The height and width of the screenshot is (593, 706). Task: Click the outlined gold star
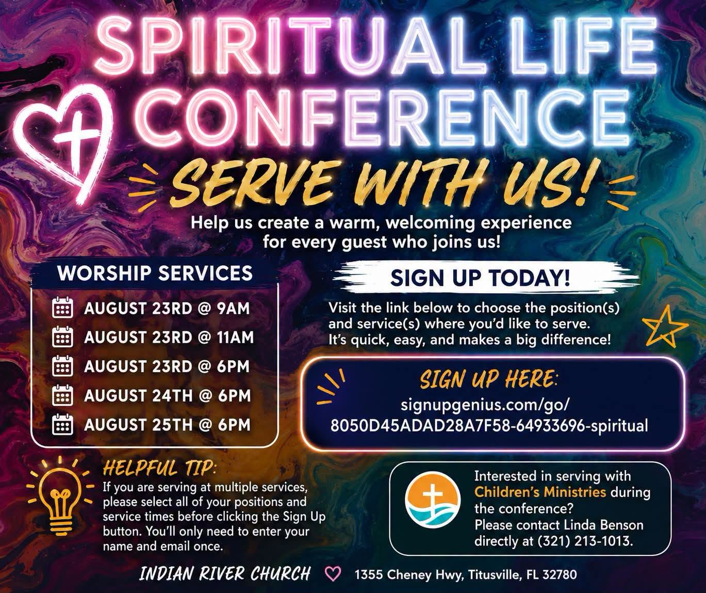click(x=665, y=327)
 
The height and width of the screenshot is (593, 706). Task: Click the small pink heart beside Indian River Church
click(x=333, y=573)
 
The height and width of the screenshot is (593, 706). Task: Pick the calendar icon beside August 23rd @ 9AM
click(x=62, y=307)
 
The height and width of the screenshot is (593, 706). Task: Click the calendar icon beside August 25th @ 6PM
click(x=62, y=424)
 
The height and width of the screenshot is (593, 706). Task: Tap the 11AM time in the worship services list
click(x=236, y=338)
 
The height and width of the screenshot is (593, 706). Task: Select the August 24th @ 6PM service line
click(x=168, y=396)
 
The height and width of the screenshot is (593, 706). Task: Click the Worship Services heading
click(x=155, y=273)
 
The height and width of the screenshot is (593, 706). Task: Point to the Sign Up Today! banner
click(x=480, y=278)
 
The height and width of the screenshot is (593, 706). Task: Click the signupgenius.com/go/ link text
click(x=486, y=405)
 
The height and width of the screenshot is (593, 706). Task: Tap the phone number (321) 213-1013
click(x=585, y=541)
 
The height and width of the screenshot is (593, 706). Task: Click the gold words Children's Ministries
click(x=540, y=491)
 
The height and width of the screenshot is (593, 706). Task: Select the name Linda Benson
click(x=602, y=525)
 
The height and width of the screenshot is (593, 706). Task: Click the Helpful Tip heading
click(x=159, y=468)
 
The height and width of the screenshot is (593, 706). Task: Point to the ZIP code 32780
click(x=560, y=574)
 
